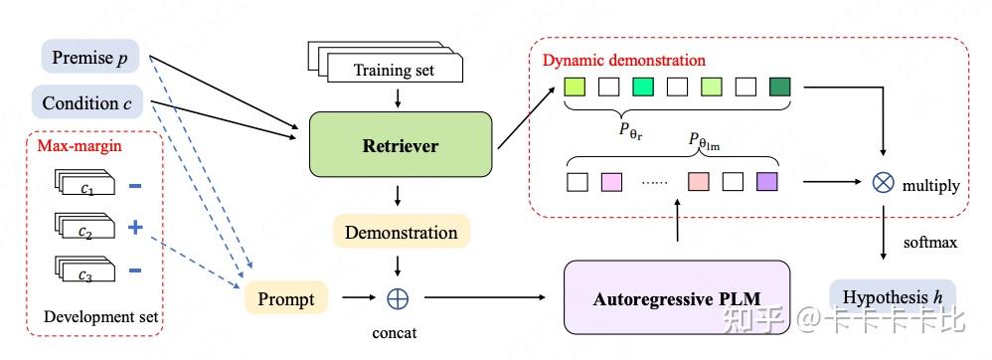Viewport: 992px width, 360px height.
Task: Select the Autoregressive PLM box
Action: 676,297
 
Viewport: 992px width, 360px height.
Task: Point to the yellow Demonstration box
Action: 401,233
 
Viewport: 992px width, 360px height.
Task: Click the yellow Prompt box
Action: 286,297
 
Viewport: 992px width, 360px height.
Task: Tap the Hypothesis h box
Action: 893,297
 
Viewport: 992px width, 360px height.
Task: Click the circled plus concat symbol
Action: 399,297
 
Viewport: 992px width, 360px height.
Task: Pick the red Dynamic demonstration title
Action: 623,60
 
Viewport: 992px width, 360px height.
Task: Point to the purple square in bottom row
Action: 765,181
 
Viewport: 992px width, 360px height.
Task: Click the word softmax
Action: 921,242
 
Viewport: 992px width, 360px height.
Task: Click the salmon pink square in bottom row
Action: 698,181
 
